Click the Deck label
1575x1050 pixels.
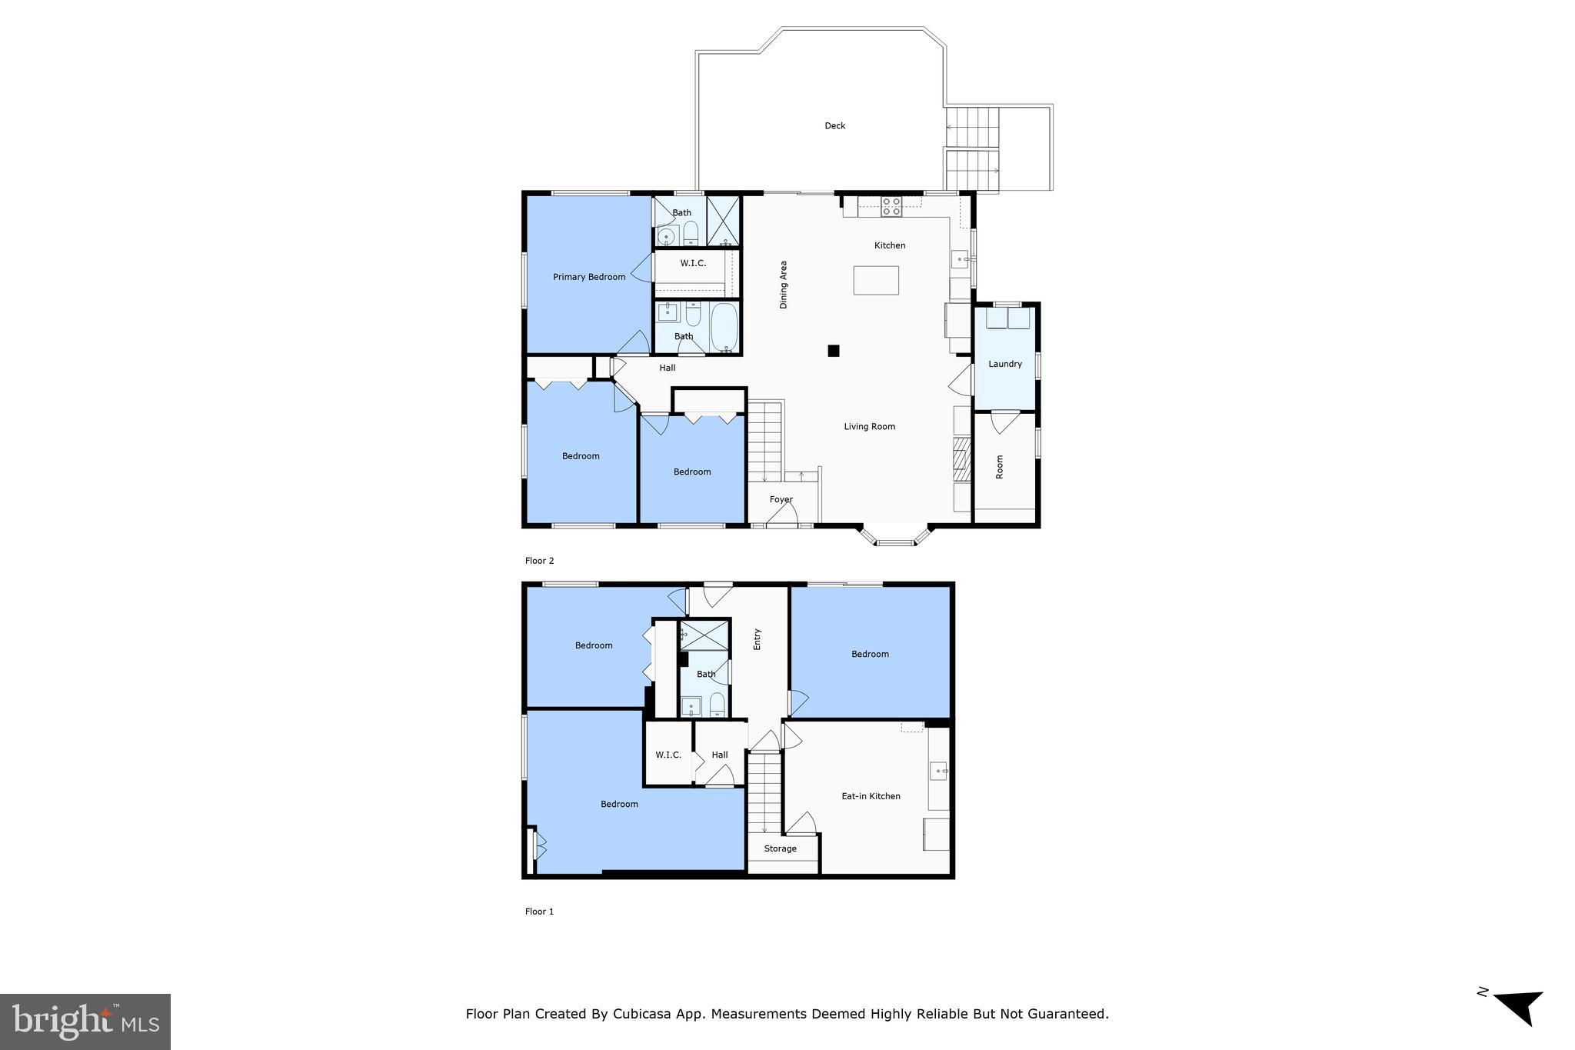click(834, 125)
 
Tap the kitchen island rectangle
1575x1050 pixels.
click(875, 280)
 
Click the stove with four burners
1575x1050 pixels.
click(891, 206)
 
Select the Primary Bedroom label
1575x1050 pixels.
click(589, 277)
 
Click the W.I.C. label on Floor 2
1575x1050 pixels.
click(693, 263)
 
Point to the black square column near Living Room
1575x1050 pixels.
click(833, 351)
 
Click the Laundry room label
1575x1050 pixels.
click(1004, 364)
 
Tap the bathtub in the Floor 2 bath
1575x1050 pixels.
click(724, 328)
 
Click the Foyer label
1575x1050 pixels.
click(781, 499)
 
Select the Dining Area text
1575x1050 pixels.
click(784, 285)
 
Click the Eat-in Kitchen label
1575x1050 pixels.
click(871, 796)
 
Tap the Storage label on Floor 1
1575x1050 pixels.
click(780, 848)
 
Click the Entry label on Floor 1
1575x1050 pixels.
click(757, 639)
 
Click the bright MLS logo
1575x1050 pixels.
click(85, 1022)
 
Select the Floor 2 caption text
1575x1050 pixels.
click(539, 561)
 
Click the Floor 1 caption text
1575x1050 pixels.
click(539, 912)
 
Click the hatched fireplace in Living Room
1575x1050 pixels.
click(961, 454)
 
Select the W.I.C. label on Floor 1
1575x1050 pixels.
click(668, 755)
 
